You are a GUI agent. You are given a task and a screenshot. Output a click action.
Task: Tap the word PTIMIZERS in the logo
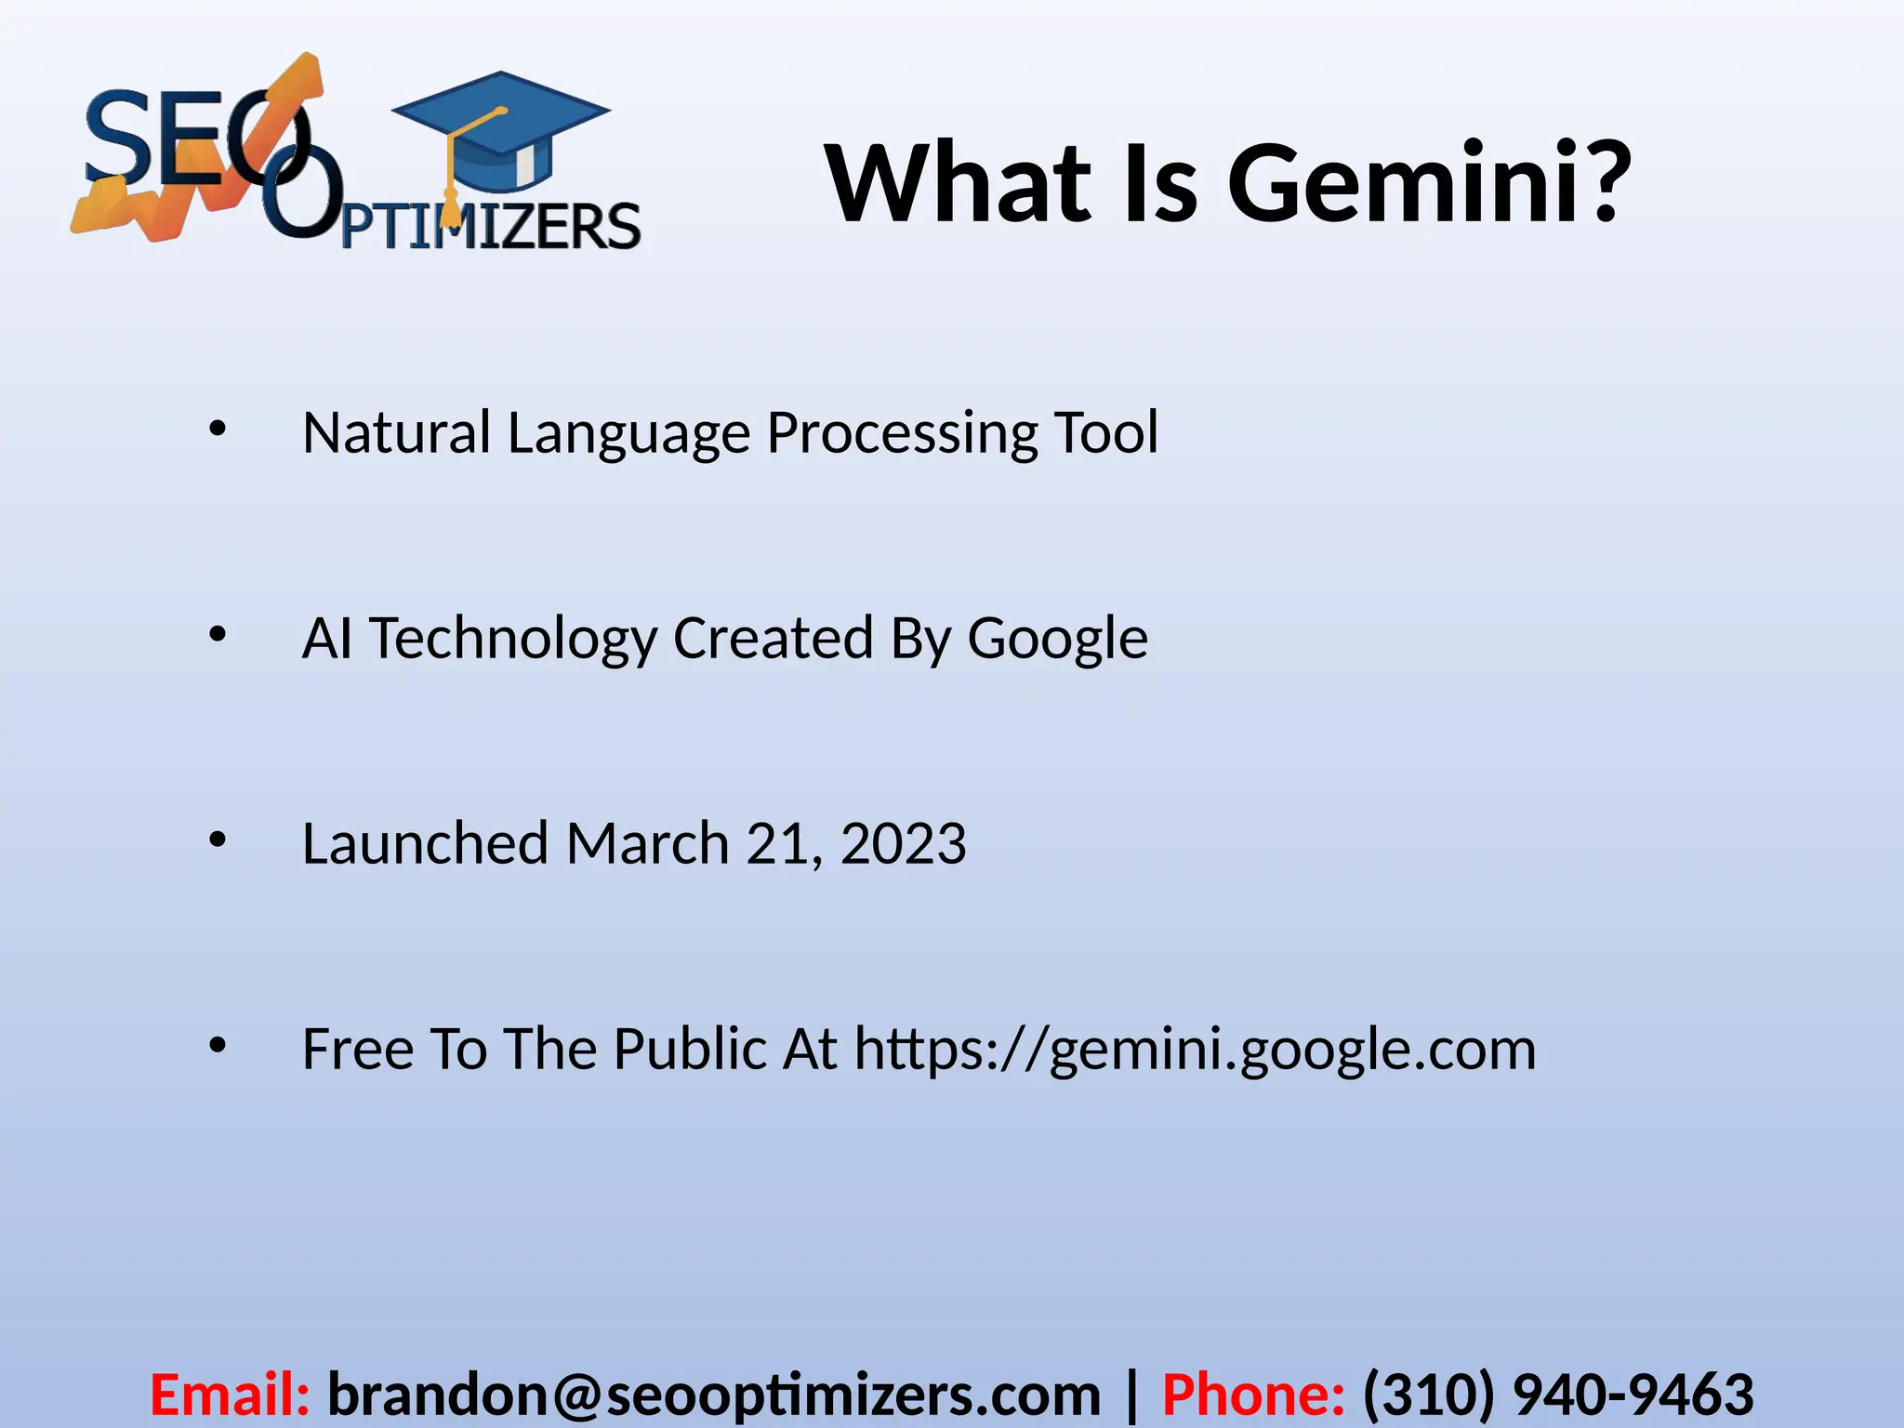tap(491, 226)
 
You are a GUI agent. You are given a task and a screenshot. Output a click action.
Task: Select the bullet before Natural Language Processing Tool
tap(218, 430)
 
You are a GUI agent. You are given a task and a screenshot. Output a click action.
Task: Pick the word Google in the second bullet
tap(1057, 640)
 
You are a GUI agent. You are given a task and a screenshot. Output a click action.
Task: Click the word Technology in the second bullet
tap(513, 640)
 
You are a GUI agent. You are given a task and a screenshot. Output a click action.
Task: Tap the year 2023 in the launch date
tap(903, 844)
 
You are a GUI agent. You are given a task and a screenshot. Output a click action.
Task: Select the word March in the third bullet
tap(647, 844)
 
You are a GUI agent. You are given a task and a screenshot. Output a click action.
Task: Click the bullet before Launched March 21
tap(218, 840)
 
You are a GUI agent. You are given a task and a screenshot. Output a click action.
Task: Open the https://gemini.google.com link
tap(1195, 1051)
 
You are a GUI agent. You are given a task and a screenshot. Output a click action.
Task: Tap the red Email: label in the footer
tap(230, 1395)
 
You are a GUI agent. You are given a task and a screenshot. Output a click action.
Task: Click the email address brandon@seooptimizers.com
tap(714, 1395)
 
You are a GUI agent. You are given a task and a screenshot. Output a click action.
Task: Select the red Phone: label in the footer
tap(1253, 1395)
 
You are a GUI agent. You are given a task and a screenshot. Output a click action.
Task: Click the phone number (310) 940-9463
tap(1558, 1395)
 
